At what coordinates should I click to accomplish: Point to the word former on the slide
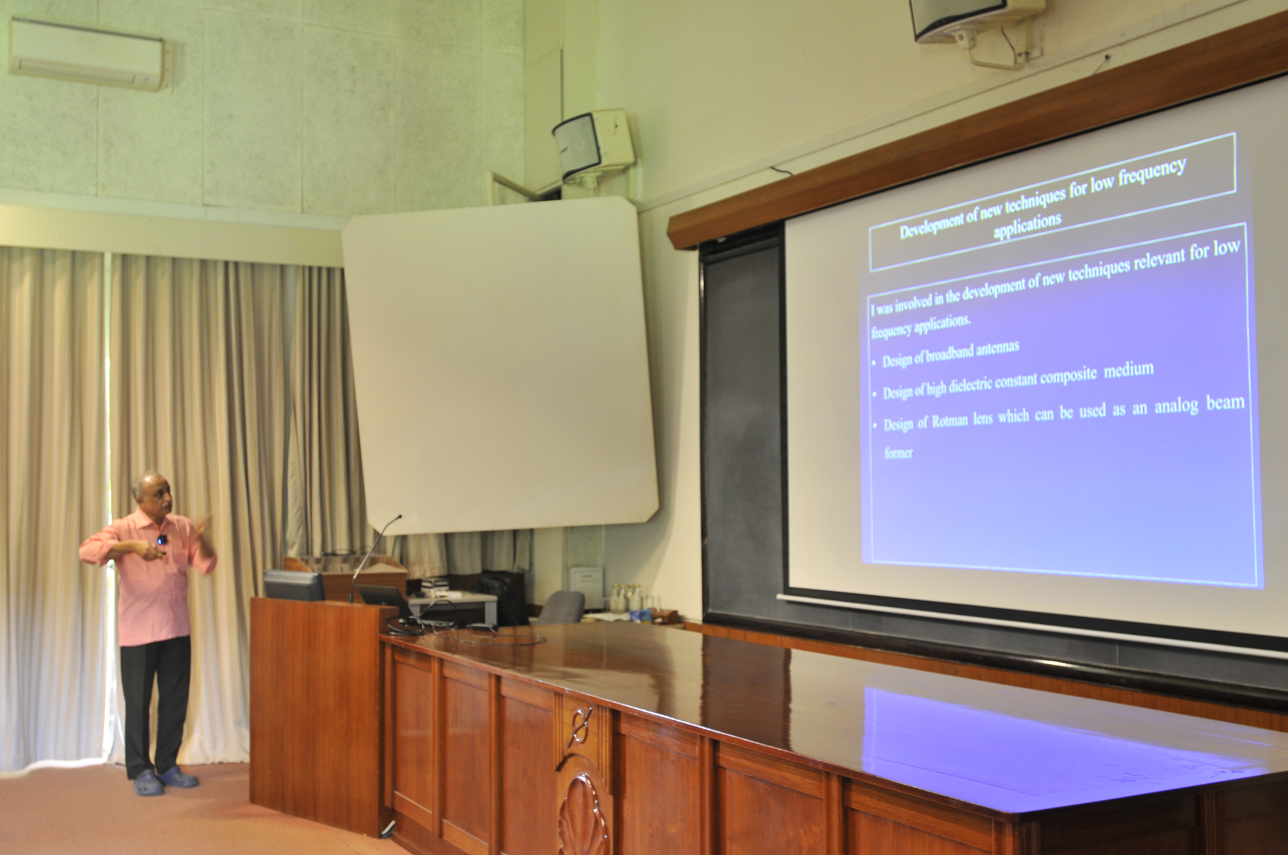tap(898, 453)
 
